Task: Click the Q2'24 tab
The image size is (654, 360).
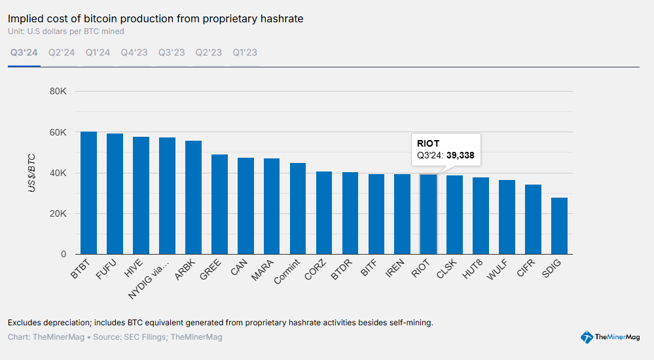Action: click(x=62, y=52)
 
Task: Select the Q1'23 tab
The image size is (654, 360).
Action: click(x=245, y=52)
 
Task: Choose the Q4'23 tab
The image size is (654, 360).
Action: click(x=134, y=52)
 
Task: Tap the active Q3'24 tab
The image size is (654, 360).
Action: click(x=24, y=52)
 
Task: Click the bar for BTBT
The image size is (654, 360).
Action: click(x=88, y=193)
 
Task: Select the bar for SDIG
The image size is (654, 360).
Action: click(x=559, y=226)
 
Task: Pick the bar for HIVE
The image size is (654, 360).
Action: click(x=141, y=196)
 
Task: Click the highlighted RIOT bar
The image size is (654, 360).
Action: click(x=428, y=214)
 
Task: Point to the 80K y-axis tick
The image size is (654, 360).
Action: click(x=58, y=92)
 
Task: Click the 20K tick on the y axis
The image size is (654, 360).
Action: click(x=58, y=214)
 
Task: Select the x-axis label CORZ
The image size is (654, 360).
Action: click(x=313, y=270)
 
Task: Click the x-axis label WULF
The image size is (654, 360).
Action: click(x=496, y=270)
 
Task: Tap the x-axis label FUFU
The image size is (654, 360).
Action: click(x=105, y=270)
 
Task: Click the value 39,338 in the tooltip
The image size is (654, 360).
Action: click(x=460, y=156)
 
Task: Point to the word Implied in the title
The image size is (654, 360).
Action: click(x=24, y=18)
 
